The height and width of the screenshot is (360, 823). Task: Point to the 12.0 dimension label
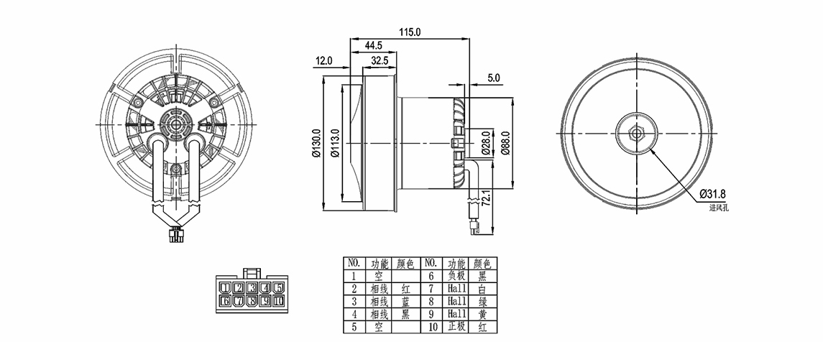324,61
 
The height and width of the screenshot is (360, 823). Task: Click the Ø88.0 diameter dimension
506,139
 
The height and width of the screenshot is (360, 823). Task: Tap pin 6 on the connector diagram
226,301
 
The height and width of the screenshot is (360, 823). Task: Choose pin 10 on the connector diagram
278,301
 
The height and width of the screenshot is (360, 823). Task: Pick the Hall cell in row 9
456,314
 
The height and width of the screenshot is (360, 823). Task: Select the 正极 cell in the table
456,327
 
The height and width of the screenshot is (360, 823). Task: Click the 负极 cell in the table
456,275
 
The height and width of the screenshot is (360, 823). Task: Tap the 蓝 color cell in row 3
405,301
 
